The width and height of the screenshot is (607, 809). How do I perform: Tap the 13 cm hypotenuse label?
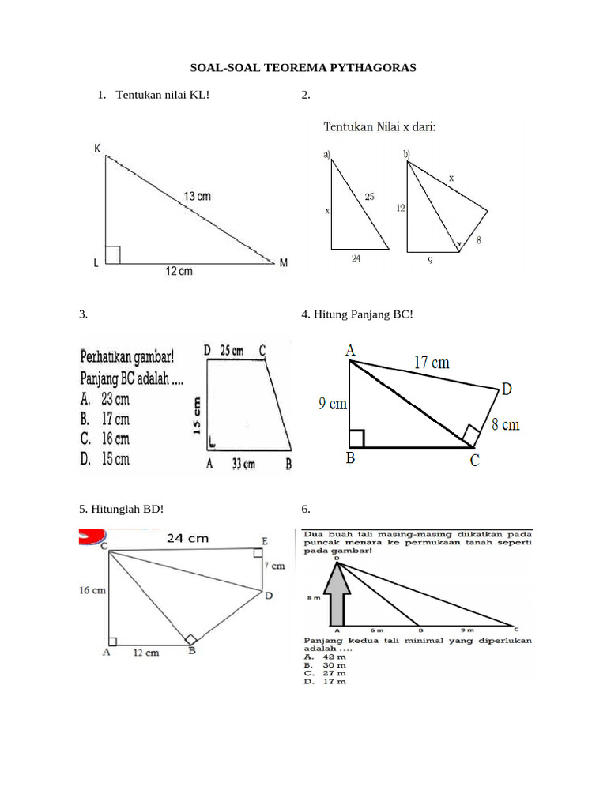[x=198, y=195]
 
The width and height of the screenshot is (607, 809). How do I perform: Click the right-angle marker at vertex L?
[x=112, y=254]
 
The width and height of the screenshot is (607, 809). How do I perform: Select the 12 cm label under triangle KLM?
[x=179, y=272]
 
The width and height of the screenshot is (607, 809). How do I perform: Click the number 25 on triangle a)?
[x=369, y=196]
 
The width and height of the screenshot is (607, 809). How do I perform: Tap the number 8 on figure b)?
[x=479, y=239]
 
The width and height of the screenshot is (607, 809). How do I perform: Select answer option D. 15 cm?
[x=105, y=458]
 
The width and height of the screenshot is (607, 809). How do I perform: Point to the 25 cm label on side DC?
[x=231, y=350]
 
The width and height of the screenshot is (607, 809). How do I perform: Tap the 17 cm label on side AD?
[x=432, y=363]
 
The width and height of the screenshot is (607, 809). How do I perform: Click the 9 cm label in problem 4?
[x=333, y=404]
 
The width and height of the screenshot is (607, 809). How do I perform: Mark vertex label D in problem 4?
[x=506, y=389]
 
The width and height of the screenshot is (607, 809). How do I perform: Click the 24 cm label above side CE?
[x=187, y=538]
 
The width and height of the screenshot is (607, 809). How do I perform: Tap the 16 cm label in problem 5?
[x=92, y=589]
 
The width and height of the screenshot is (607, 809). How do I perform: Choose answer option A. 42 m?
[x=325, y=656]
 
